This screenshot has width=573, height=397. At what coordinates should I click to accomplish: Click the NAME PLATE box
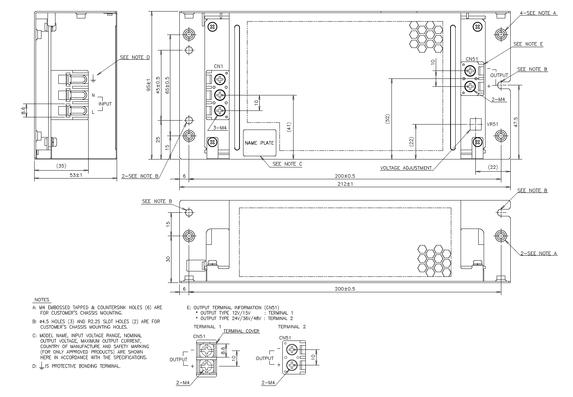(x=259, y=143)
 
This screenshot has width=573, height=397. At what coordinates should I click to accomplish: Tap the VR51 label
(x=492, y=124)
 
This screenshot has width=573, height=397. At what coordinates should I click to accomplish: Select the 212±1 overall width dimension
(x=345, y=184)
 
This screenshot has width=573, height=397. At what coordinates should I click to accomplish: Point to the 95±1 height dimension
(x=149, y=85)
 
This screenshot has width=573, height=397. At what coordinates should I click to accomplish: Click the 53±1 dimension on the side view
(x=76, y=175)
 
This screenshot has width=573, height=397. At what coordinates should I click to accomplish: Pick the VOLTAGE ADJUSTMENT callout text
(x=406, y=168)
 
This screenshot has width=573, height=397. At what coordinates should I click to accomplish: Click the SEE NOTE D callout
(x=135, y=57)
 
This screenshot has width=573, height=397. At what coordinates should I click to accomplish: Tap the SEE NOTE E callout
(x=528, y=44)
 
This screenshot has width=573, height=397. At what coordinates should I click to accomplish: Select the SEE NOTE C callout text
(x=287, y=164)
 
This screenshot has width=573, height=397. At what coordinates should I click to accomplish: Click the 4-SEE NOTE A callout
(x=538, y=13)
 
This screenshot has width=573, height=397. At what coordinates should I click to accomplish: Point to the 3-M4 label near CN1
(x=220, y=128)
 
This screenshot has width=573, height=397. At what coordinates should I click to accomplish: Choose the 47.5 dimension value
(x=516, y=122)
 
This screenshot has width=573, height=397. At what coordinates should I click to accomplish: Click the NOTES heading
(x=42, y=299)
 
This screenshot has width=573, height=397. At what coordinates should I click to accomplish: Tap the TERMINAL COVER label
(x=241, y=331)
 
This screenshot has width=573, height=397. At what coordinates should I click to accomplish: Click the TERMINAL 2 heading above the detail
(x=292, y=327)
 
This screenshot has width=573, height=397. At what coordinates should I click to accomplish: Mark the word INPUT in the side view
(x=105, y=104)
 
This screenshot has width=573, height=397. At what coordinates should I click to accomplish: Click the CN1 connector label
(x=219, y=66)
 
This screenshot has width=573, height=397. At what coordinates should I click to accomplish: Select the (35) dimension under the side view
(x=61, y=166)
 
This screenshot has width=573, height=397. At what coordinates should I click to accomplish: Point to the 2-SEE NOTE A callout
(x=538, y=253)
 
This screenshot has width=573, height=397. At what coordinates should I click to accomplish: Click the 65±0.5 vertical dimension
(x=167, y=85)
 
